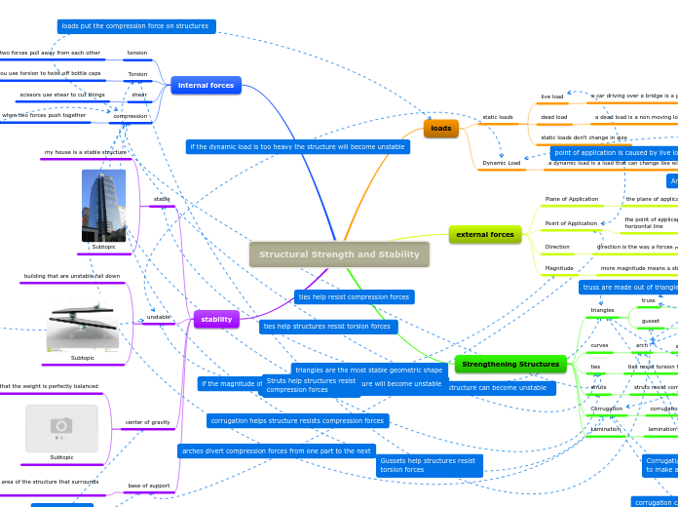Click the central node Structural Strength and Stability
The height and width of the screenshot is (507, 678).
339,254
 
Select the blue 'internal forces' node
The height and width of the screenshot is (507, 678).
206,86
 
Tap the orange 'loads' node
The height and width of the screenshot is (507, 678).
441,128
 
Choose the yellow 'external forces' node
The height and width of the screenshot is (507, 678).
484,234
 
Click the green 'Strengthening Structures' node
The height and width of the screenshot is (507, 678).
510,364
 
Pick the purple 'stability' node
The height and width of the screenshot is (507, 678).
216,319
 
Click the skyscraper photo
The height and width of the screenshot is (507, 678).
103,205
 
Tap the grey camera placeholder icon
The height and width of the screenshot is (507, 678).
61,427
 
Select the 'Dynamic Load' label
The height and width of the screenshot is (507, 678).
502,163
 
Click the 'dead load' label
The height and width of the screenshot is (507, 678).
553,117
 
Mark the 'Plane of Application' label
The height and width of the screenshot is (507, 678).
571,199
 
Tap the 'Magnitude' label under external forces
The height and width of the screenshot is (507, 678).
559,267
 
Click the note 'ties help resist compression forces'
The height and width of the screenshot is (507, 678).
354,296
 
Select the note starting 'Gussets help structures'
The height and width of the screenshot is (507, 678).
429,465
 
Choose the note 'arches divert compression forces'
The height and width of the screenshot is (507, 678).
277,450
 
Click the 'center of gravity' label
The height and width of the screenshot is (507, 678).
147,422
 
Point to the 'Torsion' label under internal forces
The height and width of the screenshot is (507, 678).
137,74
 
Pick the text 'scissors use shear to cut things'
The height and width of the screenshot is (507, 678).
62,95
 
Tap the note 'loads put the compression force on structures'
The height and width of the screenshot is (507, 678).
135,26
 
